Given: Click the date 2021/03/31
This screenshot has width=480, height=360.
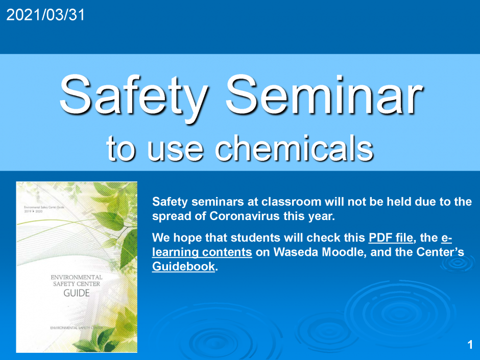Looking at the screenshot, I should (45, 16).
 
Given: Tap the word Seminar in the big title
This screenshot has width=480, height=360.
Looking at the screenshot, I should (324, 95).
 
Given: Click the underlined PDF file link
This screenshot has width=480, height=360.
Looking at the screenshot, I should (390, 238).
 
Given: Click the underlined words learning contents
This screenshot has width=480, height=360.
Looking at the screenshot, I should (202, 252).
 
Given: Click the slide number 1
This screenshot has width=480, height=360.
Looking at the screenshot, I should (469, 345).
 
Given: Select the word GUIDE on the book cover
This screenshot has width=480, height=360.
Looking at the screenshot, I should (77, 293).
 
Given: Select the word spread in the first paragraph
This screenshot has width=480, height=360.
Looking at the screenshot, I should (172, 216).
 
